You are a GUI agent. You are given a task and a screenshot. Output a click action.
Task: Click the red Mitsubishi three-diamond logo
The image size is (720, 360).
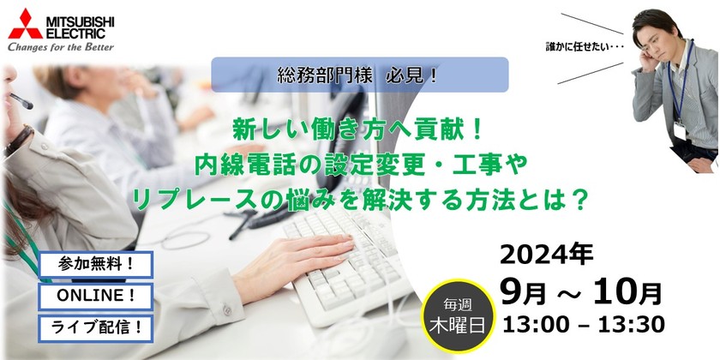tap(25, 23)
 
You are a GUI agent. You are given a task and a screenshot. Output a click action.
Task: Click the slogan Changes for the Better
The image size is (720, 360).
tap(60, 47)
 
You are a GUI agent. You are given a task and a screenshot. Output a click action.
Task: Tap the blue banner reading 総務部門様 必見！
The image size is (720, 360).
tap(359, 75)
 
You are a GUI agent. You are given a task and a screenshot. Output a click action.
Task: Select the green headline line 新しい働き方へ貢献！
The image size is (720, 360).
tap(359, 129)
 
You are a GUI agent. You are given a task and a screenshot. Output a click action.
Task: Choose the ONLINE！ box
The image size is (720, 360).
tap(95, 296)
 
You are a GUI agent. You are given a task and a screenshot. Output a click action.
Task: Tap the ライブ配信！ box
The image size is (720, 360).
tap(95, 327)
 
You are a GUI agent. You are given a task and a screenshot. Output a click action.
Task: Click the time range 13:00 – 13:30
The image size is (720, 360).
tap(585, 323)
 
